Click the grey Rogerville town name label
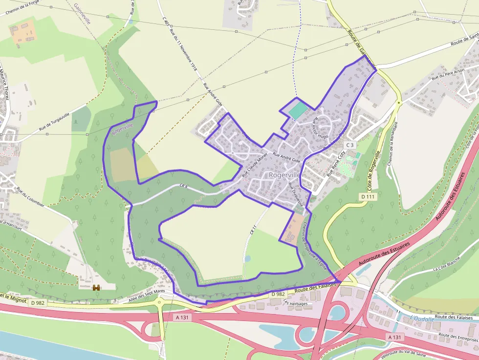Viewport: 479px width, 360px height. coord(284,175)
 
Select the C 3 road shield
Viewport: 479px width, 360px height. coord(349,145)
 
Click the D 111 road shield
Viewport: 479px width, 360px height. coord(369,196)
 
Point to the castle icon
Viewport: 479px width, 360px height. coord(96,288)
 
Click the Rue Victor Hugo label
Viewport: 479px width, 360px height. coord(321,127)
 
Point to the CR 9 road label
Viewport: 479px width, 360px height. coord(184,186)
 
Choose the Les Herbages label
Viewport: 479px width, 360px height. coord(295,303)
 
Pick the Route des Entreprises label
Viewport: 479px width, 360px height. coord(457,337)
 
